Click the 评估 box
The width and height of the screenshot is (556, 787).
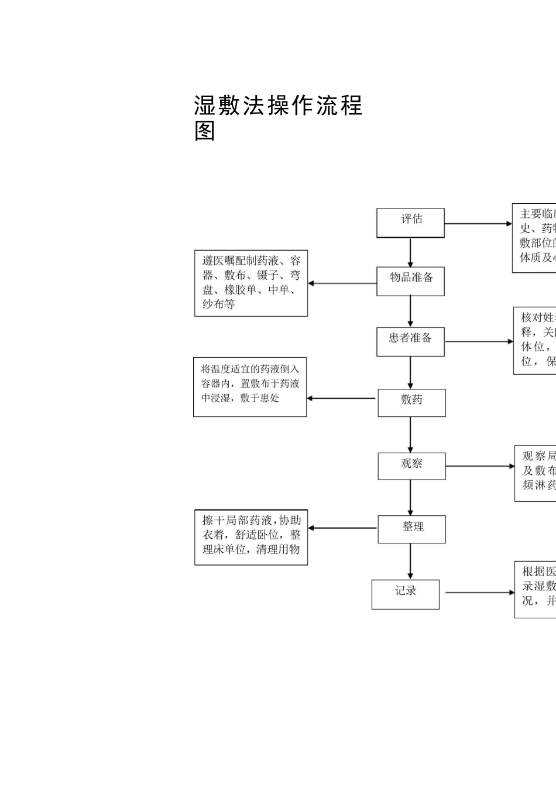click(x=410, y=223)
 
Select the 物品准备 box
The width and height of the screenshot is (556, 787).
click(x=410, y=281)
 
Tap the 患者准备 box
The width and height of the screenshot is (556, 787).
click(x=410, y=341)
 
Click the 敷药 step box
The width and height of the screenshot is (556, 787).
click(x=411, y=403)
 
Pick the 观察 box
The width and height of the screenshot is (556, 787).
click(x=411, y=466)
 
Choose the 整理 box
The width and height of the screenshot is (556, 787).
click(x=412, y=529)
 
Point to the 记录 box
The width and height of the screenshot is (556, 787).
click(x=406, y=594)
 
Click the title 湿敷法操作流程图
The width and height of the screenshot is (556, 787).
click(x=278, y=118)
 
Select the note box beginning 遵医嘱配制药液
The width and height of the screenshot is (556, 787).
click(x=251, y=283)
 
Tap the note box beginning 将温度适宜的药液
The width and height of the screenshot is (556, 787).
click(x=250, y=387)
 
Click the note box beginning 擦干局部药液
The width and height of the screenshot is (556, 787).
click(x=251, y=537)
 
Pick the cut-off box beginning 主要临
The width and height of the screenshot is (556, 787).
click(x=534, y=238)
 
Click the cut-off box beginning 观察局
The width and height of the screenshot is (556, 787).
click(x=536, y=473)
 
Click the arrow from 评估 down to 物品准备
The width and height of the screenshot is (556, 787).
click(x=410, y=252)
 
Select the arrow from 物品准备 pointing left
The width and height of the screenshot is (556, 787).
click(x=342, y=283)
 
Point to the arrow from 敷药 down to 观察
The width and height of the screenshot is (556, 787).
click(x=410, y=434)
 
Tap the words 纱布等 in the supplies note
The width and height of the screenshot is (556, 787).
click(x=218, y=304)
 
